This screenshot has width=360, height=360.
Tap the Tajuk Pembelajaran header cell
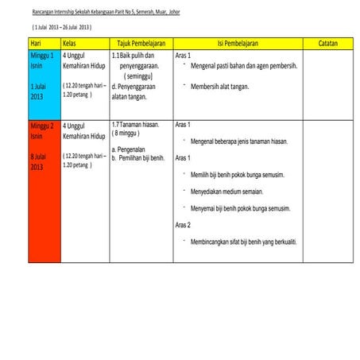tap(141, 42)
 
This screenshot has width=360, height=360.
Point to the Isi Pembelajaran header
tap(237, 42)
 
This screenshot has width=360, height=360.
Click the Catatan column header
tap(327, 42)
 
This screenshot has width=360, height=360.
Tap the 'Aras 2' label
tap(183, 225)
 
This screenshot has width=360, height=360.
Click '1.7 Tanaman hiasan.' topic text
tap(136, 125)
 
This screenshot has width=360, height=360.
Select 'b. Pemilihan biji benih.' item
tap(138, 158)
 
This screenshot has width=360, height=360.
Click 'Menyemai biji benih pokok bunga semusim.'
tap(240, 208)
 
